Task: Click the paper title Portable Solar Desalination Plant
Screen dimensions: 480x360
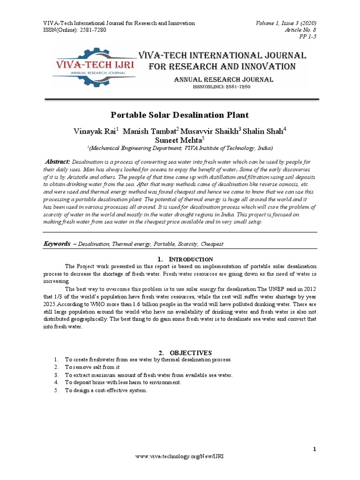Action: click(180, 115)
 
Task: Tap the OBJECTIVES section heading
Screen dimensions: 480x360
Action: click(185, 352)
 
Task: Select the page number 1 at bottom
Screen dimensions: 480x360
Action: click(315, 450)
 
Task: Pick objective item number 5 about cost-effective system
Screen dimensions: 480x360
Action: click(106, 390)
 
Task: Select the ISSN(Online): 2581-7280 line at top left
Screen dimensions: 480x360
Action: click(75, 30)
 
